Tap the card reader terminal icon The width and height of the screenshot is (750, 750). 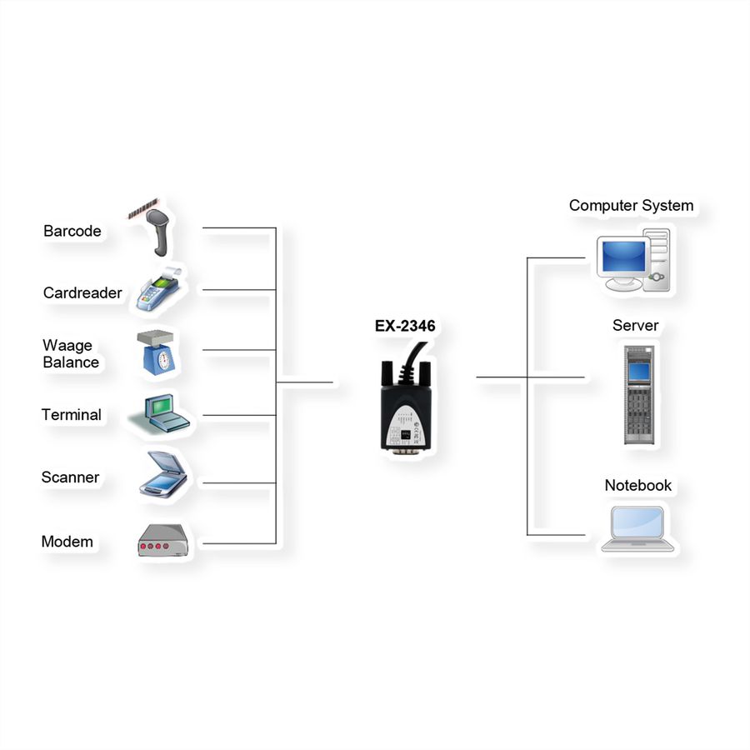[159, 289]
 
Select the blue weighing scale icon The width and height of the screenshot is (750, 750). [157, 352]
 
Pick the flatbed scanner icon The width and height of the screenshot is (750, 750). [163, 474]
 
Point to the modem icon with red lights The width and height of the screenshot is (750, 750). [163, 541]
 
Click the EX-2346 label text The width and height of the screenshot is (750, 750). [405, 326]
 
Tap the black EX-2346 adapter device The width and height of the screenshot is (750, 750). [407, 398]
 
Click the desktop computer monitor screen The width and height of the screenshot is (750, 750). [623, 257]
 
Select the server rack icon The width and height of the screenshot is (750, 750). [639, 395]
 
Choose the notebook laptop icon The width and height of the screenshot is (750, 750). [637, 528]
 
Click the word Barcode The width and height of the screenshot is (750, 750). [72, 231]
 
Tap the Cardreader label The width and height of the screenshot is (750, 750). [82, 292]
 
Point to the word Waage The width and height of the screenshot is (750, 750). [67, 346]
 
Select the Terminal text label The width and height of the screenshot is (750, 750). [72, 415]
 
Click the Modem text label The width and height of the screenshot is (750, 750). [67, 542]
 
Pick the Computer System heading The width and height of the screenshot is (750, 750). [631, 206]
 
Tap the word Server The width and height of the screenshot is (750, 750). [635, 325]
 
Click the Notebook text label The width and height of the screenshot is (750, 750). [638, 485]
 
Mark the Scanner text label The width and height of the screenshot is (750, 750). [70, 477]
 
